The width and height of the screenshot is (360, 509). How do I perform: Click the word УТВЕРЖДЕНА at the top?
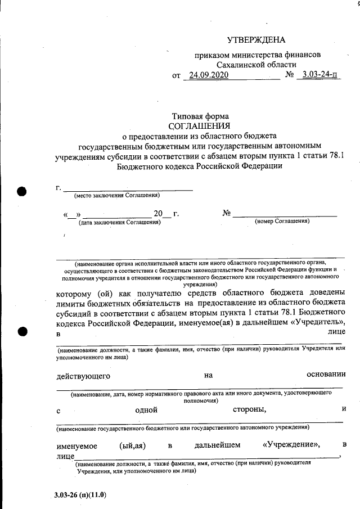(256, 40)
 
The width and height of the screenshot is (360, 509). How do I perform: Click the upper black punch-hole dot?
(22, 191)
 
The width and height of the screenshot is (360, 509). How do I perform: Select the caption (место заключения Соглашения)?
(117, 195)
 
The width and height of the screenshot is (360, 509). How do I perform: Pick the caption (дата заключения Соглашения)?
(120, 222)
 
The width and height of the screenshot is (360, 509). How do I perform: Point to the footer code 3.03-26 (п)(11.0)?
(80, 495)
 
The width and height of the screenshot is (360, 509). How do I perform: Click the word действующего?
(83, 375)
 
